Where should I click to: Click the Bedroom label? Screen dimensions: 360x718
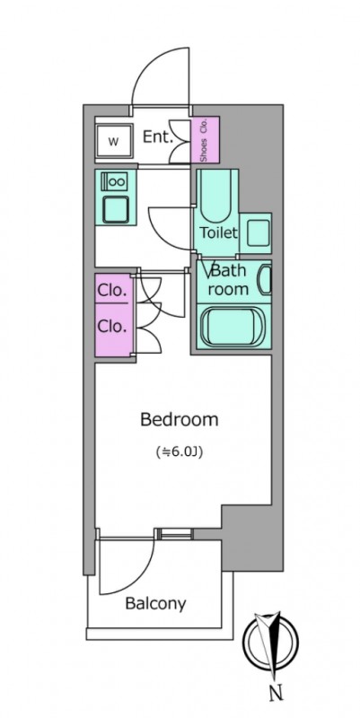(x=179, y=419)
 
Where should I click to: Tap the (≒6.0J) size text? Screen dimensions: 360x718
(x=179, y=452)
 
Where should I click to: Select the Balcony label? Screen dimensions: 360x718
(x=155, y=603)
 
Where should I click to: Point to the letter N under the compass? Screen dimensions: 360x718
(x=276, y=694)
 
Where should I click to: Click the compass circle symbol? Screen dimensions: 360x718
(x=270, y=639)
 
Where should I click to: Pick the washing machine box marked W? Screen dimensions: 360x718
(x=114, y=142)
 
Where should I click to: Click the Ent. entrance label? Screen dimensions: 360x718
(x=158, y=136)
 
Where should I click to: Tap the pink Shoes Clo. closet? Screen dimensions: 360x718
(x=205, y=139)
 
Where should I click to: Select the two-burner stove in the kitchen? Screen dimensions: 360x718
(x=115, y=182)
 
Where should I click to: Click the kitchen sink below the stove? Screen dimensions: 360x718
(x=116, y=209)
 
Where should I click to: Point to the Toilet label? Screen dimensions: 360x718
(x=218, y=232)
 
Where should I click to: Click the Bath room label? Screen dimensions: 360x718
(x=230, y=279)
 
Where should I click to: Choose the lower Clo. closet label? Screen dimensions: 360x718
(x=111, y=327)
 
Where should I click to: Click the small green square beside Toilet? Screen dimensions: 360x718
(x=256, y=233)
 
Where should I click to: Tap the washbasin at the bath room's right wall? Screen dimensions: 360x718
(x=265, y=280)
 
